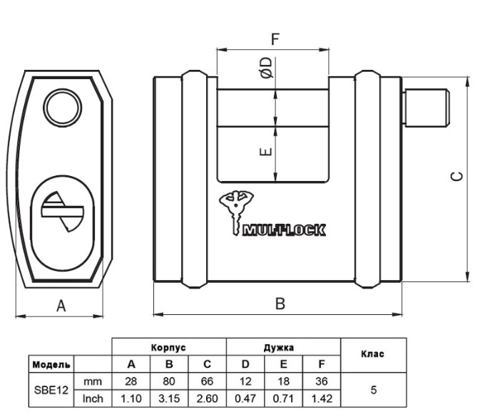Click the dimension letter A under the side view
point(61,306)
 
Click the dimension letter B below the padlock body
point(280,304)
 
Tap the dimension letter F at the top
point(275,38)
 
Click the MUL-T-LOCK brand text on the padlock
point(284,229)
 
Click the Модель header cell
point(51,365)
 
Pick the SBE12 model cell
point(51,390)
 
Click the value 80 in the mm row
point(169,381)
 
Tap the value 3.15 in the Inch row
point(169,398)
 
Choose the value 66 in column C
point(207,381)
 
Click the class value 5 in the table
point(374,390)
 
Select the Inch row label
point(93,398)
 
